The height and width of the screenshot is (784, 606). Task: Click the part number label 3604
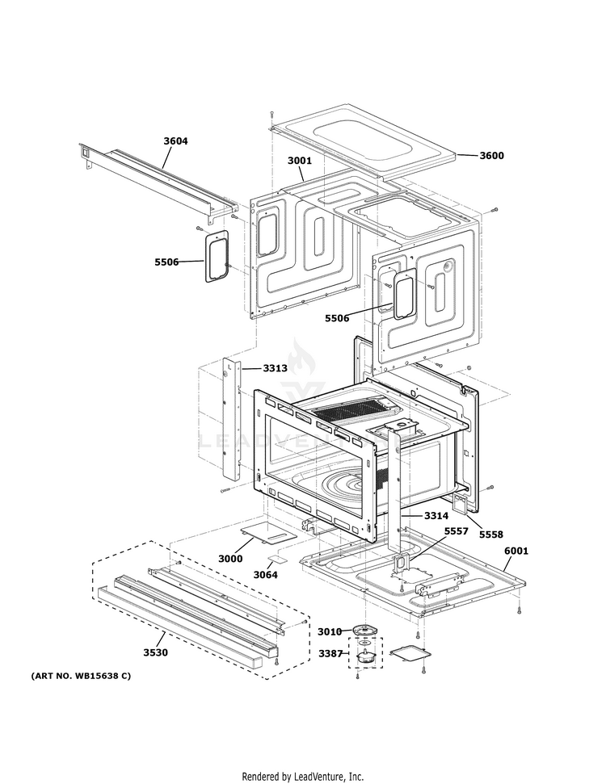pos(175,141)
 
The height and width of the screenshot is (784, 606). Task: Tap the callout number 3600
pos(491,155)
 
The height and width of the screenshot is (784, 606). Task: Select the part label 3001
pos(299,161)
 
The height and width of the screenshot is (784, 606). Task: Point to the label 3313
pos(275,368)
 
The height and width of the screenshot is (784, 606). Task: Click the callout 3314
pos(436,515)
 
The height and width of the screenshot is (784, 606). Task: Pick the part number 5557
pos(456,531)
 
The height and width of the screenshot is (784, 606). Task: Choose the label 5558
pos(490,535)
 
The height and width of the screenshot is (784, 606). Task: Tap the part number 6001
pos(516,551)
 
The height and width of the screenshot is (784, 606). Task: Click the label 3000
pos(230,559)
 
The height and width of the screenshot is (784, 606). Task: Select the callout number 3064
pos(265,575)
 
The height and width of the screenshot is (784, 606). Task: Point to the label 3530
pos(156,652)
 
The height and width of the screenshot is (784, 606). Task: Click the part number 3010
pos(330,631)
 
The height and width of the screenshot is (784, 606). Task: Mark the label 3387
pos(330,652)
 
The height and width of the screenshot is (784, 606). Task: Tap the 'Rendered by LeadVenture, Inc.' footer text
pos(303,776)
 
